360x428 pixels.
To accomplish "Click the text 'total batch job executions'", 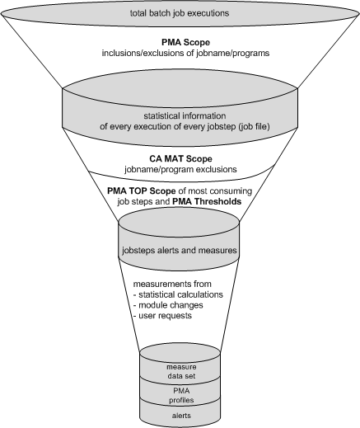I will (180, 14).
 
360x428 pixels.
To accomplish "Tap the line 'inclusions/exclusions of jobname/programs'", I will (180, 54).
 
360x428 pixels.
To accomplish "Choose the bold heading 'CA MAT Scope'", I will (180, 157).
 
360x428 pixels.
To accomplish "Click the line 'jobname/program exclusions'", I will (180, 168).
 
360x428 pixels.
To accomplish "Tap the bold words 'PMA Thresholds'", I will (210, 202).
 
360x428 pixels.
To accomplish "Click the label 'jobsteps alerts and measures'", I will (180, 250).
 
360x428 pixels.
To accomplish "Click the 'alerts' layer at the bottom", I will (180, 415).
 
